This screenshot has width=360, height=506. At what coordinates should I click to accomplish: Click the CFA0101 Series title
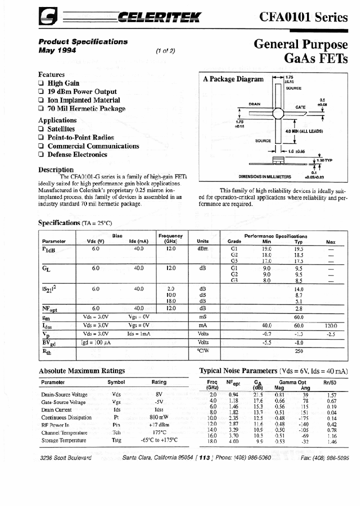click(303, 17)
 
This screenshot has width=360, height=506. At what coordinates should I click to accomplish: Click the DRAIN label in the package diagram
click(254, 104)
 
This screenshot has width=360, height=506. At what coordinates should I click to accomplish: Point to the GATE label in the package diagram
click(300, 107)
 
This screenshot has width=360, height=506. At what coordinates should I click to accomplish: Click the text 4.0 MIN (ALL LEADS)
click(304, 131)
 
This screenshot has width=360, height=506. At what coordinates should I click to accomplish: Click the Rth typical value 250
click(299, 351)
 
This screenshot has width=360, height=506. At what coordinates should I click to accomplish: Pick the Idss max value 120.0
click(330, 325)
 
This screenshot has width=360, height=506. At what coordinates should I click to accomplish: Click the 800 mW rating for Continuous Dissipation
click(158, 416)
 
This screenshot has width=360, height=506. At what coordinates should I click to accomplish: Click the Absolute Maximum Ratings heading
click(81, 370)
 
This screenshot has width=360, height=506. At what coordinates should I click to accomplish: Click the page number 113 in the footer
click(203, 458)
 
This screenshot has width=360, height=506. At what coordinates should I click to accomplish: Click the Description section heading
click(56, 169)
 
